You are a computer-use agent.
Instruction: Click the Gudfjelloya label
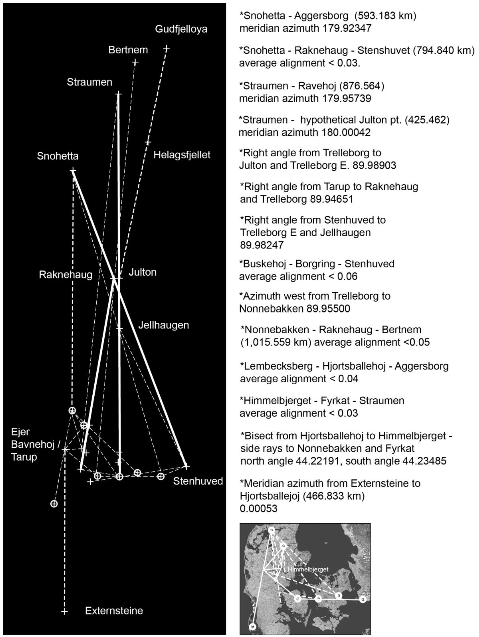tap(181, 29)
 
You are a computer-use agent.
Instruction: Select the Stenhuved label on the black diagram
tap(198, 481)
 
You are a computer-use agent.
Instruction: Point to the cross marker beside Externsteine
tap(64, 611)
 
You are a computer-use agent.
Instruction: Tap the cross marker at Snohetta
tap(73, 171)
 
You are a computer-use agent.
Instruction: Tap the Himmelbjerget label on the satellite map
tap(308, 569)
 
